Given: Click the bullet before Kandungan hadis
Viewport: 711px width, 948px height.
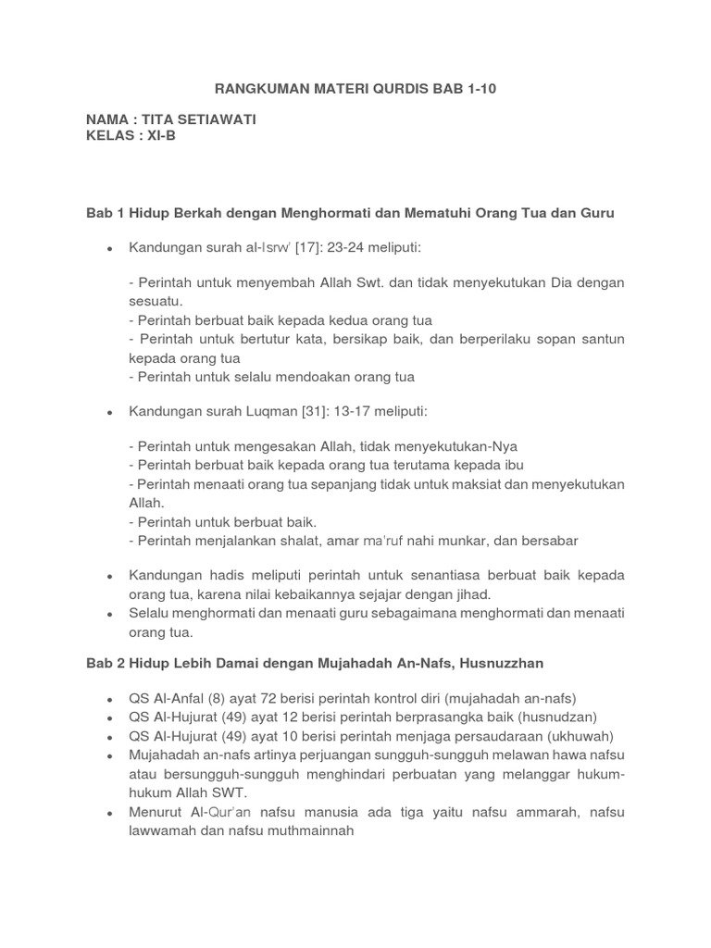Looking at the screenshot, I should tap(109, 577).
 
